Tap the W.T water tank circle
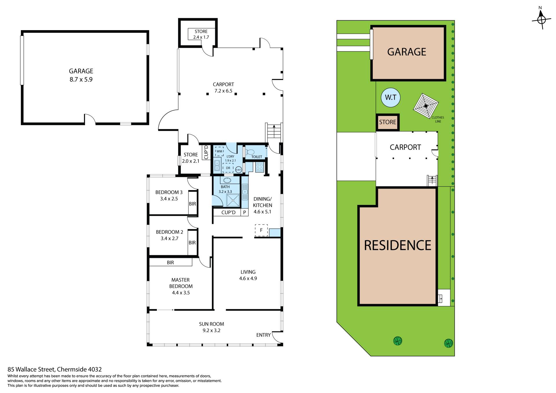pyautogui.click(x=390, y=97)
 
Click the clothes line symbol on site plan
pyautogui.click(x=426, y=106)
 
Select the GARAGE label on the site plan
pyautogui.click(x=407, y=52)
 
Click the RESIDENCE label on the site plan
pyautogui.click(x=398, y=245)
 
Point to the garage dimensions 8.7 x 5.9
pyautogui.click(x=81, y=79)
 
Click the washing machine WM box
pyautogui.click(x=220, y=151)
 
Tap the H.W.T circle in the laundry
pyautogui.click(x=239, y=170)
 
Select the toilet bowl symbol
pyautogui.click(x=250, y=152)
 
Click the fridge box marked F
pyautogui.click(x=261, y=230)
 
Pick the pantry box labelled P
pyautogui.click(x=244, y=212)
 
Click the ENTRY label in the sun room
pyautogui.click(x=264, y=335)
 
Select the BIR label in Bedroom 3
pyautogui.click(x=193, y=204)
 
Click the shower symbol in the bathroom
pyautogui.click(x=233, y=200)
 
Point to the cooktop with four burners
pyautogui.click(x=259, y=167)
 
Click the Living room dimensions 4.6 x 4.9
pyautogui.click(x=248, y=279)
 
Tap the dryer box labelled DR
pyautogui.click(x=228, y=168)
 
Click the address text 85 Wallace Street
pyautogui.click(x=31, y=369)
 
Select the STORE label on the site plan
pyautogui.click(x=387, y=122)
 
